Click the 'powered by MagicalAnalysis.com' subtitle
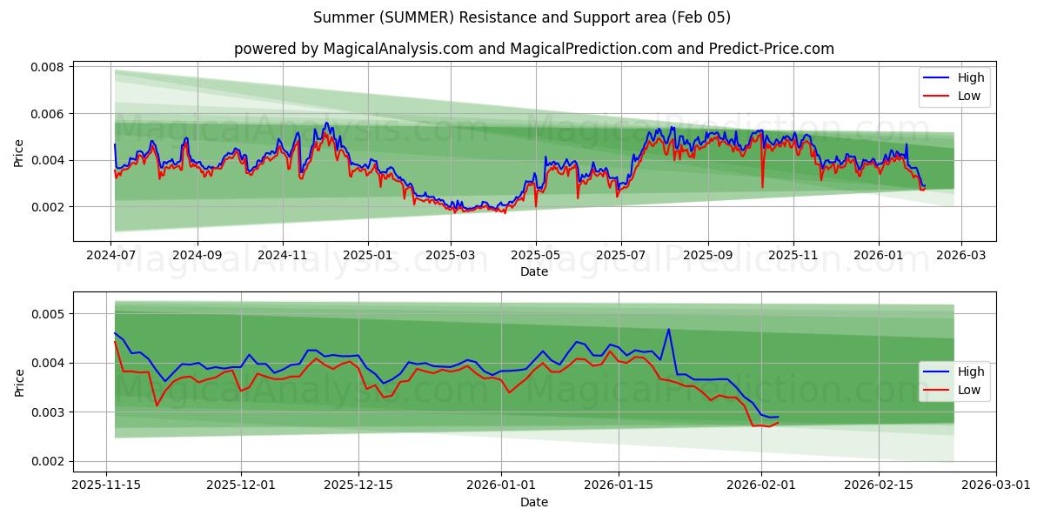pos(533,49)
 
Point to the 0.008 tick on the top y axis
pos(48,67)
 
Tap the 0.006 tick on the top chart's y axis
pos(48,114)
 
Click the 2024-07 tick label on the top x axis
pos(111,256)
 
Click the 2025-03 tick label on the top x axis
pos(452,256)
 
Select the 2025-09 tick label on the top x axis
pos(707,256)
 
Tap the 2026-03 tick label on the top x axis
pos(961,256)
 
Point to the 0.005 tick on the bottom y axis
pos(48,313)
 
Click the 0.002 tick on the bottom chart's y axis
pos(48,461)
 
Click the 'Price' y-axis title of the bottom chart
pos(19,382)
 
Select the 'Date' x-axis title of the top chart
pos(533,271)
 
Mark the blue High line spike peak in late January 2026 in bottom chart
pos(668,329)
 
